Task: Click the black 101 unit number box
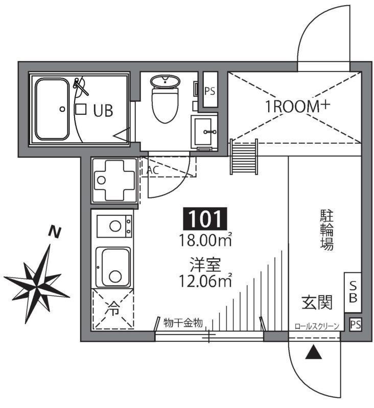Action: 204,219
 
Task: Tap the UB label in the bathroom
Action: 103,110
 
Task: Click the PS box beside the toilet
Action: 210,92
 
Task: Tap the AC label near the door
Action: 152,170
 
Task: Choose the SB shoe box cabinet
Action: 353,293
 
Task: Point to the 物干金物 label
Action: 183,322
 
